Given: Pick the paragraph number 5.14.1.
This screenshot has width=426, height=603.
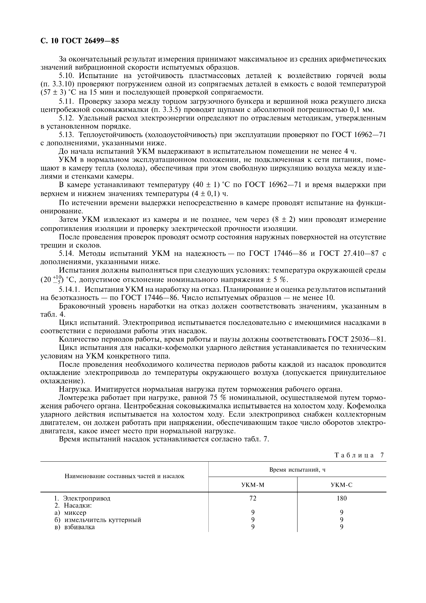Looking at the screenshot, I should pos(71,289).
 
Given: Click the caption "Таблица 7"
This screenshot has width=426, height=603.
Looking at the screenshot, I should pos(359,455).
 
